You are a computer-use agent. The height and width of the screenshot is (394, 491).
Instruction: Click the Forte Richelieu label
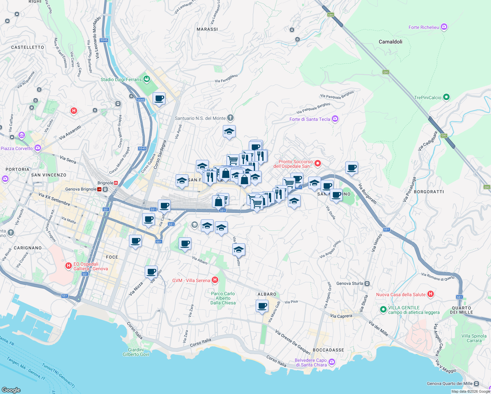tap(423, 27)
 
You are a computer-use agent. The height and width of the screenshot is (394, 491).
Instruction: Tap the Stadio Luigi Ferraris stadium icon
tap(147, 79)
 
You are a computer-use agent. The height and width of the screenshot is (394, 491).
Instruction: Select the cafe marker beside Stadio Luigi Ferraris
tap(159, 98)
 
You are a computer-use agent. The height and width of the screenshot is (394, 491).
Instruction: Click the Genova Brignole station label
tap(81, 189)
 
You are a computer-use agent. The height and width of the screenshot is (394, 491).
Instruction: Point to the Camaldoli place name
tap(390, 42)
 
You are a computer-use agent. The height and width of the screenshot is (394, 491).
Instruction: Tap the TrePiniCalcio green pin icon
tap(446, 97)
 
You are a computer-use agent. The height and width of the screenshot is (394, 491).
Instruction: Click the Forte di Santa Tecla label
tap(310, 119)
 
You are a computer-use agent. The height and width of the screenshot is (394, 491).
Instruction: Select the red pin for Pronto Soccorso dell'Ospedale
tap(317, 163)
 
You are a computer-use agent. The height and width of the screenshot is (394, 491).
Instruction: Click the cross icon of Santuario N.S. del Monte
tap(230, 118)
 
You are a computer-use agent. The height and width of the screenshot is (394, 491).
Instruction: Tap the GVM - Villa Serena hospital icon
tap(215, 280)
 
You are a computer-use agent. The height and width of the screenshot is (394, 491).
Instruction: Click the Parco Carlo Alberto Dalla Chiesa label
tap(223, 298)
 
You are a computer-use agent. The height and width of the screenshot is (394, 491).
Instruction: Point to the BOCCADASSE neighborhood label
tap(328, 350)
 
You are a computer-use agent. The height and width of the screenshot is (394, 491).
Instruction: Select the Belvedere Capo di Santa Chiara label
tap(310, 362)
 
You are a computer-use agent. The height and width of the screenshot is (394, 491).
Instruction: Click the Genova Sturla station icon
tap(367, 283)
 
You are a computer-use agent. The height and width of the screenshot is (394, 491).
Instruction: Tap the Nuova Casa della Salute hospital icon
tap(431, 294)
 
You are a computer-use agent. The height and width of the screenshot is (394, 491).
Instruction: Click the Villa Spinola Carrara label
tap(474, 338)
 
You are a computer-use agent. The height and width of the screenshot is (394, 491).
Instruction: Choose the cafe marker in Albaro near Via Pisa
tap(262, 306)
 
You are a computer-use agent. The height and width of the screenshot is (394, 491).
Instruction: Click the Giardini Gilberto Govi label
tap(136, 352)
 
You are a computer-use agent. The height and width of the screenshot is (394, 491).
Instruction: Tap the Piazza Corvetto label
tap(17, 148)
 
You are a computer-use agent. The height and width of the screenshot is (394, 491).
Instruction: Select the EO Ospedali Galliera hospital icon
tap(68, 266)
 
